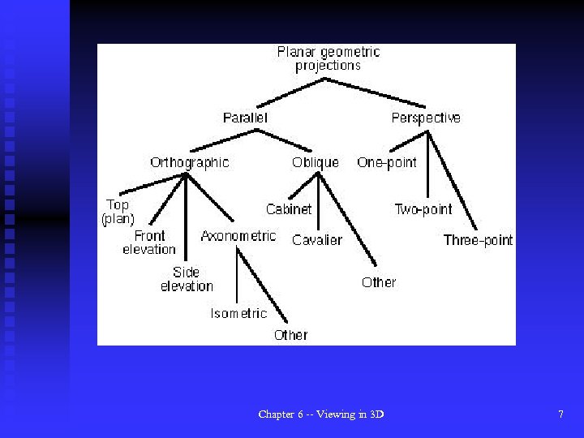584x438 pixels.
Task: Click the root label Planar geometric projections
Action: tap(328, 58)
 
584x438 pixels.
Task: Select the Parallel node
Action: tap(245, 118)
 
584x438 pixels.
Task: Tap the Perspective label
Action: tap(425, 118)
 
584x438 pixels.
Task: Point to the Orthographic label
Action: tap(189, 162)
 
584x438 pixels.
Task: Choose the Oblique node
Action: tap(316, 162)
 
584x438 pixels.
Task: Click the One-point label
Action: tap(387, 162)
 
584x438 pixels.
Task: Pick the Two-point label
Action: tap(423, 209)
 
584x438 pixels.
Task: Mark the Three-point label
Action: tap(478, 240)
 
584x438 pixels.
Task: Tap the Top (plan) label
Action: tap(118, 212)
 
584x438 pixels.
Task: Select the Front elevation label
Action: tap(149, 243)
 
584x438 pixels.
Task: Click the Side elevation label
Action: tap(187, 279)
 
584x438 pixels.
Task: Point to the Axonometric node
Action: tap(238, 236)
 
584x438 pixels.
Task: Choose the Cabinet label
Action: tap(289, 209)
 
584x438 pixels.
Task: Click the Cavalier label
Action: tap(317, 240)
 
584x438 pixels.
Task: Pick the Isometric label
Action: tap(238, 313)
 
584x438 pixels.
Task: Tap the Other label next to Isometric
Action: tap(290, 334)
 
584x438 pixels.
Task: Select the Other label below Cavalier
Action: tap(379, 282)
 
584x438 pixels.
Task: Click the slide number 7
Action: tap(560, 414)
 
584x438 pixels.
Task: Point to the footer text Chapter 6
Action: tap(321, 414)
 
